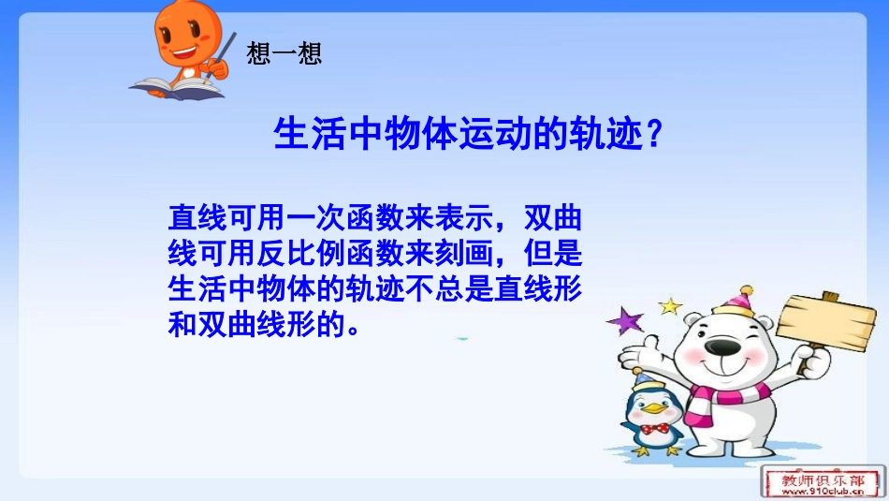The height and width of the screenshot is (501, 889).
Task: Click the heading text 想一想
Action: pos(284,53)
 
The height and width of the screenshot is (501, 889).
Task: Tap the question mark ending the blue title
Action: pos(655,137)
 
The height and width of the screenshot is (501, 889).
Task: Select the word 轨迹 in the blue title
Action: pos(607,137)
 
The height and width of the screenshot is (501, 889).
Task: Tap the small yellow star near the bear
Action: pos(669,305)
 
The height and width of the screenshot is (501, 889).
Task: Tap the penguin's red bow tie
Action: pos(656,427)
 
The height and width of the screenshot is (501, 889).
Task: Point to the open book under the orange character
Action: pos(176,88)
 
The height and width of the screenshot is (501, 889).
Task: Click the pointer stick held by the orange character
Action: pos(224,56)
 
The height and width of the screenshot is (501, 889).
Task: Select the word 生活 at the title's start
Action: pos(298,137)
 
